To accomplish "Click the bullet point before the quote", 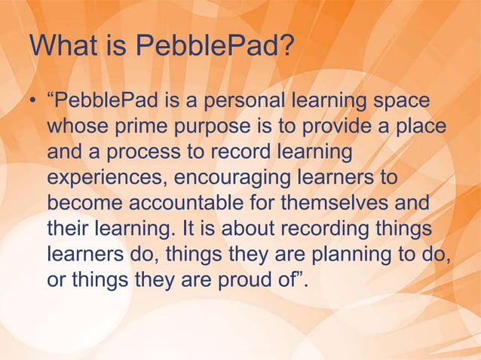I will coord(34,101).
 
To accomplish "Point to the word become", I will coord(83,203).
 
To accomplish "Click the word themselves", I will coord(345,203).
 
